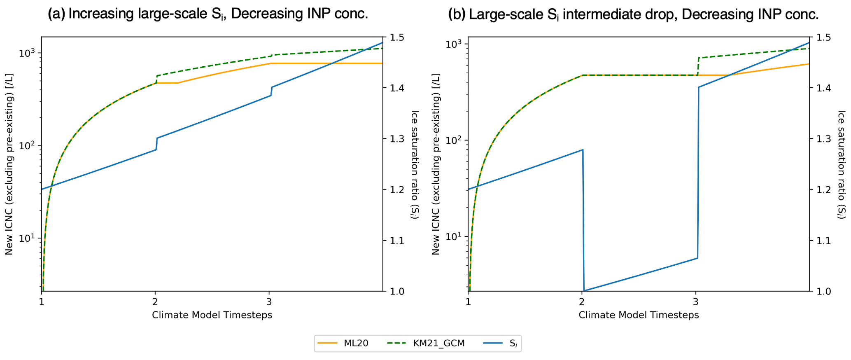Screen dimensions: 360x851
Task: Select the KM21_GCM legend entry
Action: (439, 344)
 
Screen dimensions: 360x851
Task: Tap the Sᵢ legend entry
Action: (513, 344)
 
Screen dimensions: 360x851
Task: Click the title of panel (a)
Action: (208, 14)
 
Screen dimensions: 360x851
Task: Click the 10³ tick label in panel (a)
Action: (28, 53)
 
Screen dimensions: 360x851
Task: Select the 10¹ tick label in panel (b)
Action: (454, 236)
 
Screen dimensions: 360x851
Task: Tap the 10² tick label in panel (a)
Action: (28, 146)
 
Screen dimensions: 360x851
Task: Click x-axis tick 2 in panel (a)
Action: (155, 302)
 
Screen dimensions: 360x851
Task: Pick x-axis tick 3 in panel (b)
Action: (696, 302)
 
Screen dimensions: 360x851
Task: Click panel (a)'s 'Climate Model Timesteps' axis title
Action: (212, 315)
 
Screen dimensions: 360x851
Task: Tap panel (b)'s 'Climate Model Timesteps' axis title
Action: (639, 315)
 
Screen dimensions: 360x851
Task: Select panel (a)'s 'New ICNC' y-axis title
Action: (9, 164)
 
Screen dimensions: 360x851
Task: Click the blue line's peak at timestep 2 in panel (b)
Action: (582, 150)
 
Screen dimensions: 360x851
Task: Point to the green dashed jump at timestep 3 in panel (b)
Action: (698, 66)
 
